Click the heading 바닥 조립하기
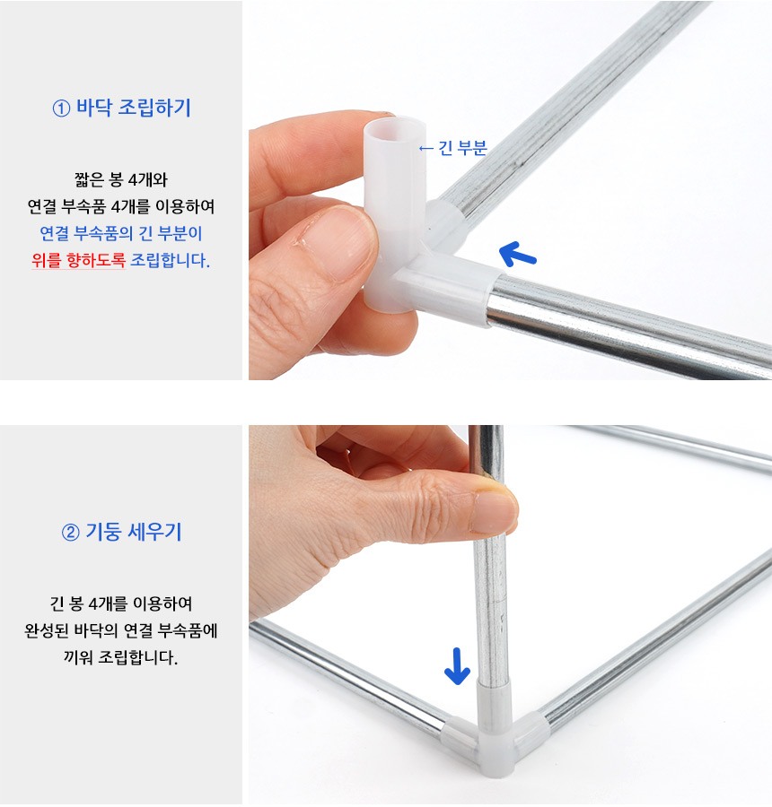[x=134, y=108]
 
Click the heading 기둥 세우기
[x=134, y=532]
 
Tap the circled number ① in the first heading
[x=61, y=108]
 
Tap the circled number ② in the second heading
[x=71, y=532]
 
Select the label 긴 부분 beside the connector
[x=462, y=148]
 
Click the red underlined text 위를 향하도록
[x=78, y=260]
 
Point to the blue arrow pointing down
[x=457, y=666]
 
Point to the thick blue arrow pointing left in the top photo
[x=517, y=255]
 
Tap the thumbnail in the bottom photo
[x=494, y=511]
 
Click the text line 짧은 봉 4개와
[x=121, y=179]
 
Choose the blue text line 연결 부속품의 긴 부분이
[x=121, y=233]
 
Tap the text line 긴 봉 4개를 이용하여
[x=121, y=603]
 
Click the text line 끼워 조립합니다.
[x=121, y=656]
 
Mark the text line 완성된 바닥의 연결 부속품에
[x=121, y=630]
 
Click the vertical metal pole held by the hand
[x=488, y=556]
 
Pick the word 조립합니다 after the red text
[x=170, y=260]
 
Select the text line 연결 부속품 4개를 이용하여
[x=121, y=206]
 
